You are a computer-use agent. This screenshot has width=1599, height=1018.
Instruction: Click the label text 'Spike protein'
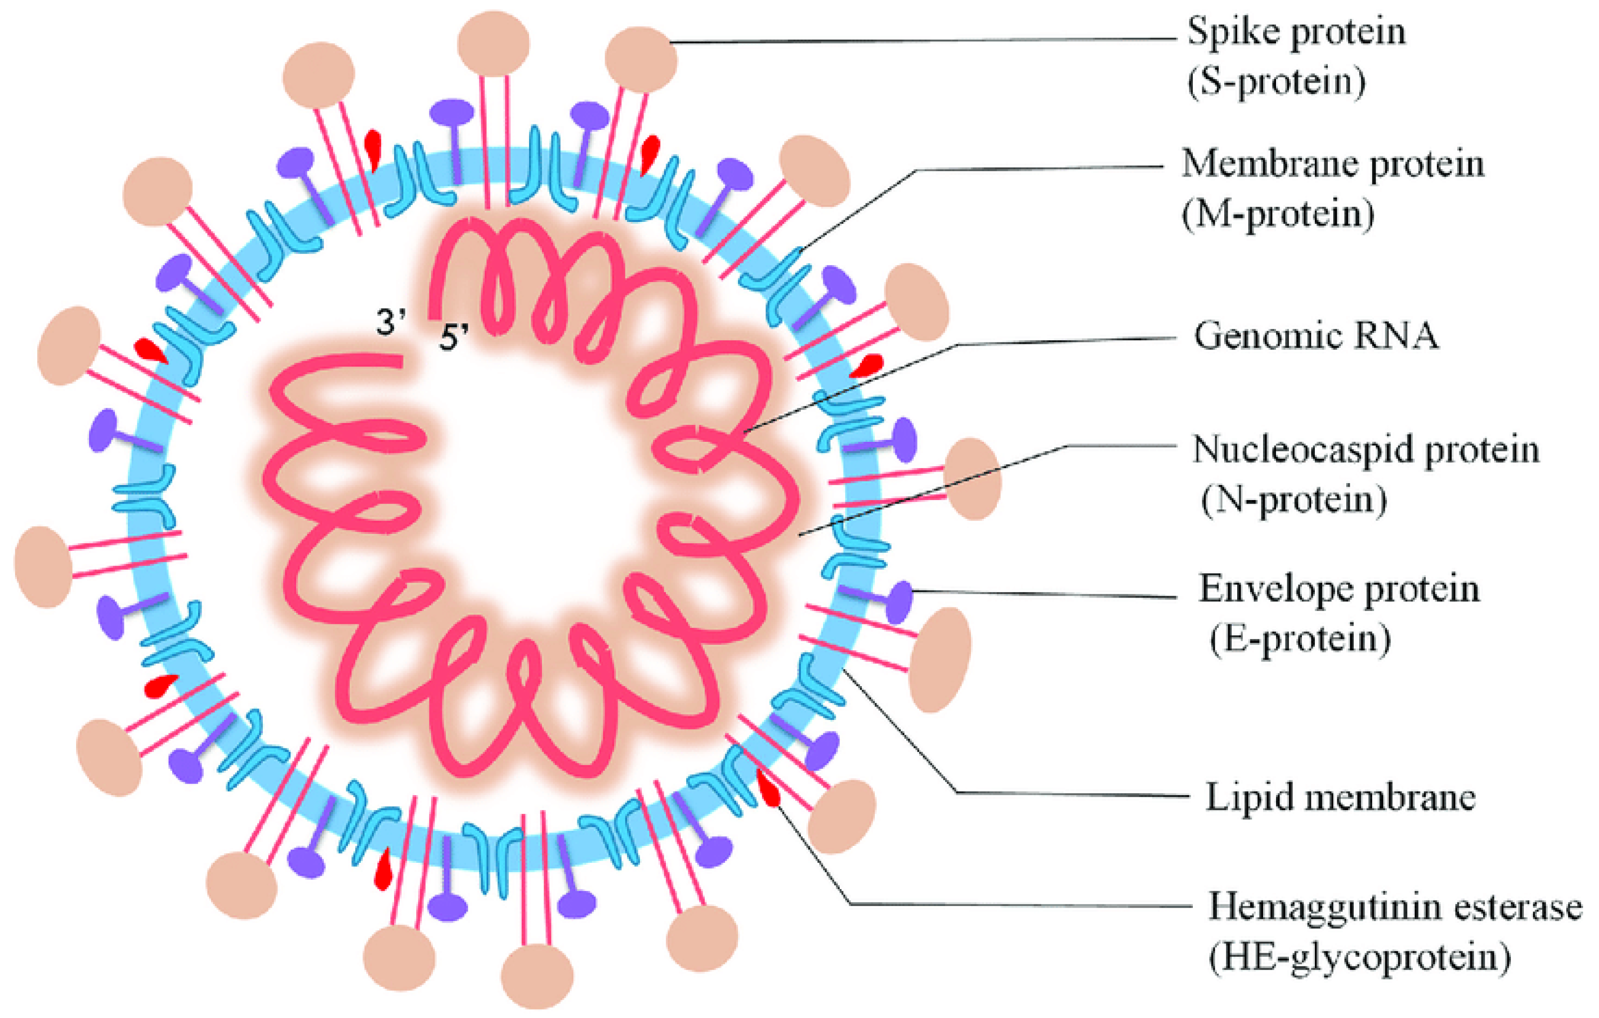point(1296,32)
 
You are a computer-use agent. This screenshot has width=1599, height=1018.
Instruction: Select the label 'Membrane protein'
point(1332,163)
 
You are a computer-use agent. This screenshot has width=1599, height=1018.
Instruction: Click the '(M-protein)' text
point(1278,214)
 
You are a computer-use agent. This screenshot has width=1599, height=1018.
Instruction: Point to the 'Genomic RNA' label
point(1316,336)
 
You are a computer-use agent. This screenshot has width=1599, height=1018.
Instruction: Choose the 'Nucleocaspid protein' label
point(1365,450)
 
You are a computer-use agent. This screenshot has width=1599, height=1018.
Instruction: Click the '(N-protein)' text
point(1293,500)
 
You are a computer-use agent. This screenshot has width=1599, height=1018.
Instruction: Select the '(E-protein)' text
point(1299,639)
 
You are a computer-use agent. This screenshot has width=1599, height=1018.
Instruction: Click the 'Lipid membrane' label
point(1340,797)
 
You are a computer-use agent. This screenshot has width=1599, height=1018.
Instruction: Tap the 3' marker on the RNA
point(391,323)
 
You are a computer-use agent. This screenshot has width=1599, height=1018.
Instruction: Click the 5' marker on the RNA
point(453,337)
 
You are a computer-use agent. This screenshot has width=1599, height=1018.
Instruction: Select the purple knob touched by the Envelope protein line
point(900,602)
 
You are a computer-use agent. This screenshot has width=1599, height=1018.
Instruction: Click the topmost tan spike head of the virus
point(493,43)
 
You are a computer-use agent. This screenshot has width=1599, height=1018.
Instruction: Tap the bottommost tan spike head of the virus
point(536,976)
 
